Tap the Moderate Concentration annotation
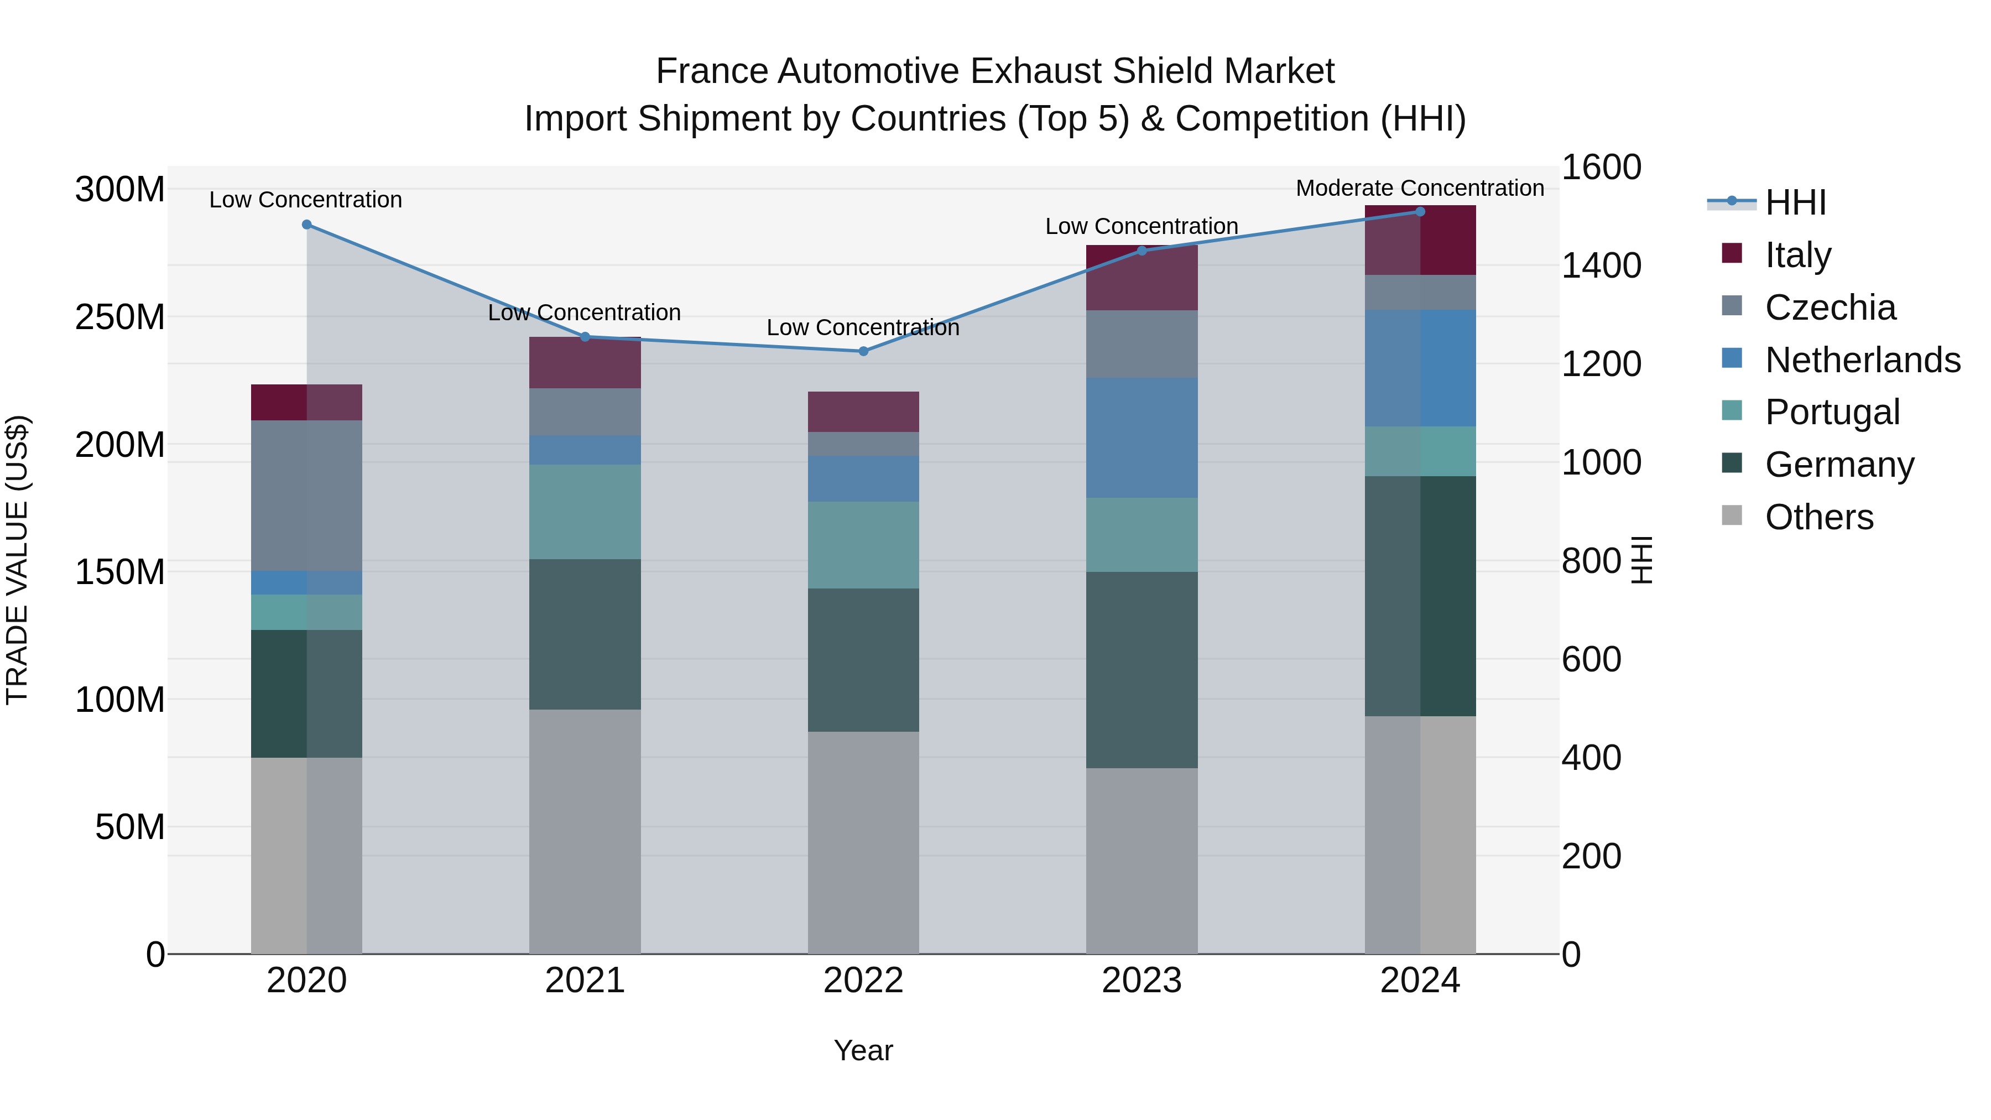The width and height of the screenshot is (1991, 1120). [x=1420, y=189]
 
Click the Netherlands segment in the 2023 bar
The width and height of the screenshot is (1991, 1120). [x=1142, y=437]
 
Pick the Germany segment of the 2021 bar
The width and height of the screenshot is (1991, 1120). [x=585, y=634]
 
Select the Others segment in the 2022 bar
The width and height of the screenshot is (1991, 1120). [x=863, y=842]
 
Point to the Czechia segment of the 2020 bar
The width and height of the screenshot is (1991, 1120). [x=307, y=496]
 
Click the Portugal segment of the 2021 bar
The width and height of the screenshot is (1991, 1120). [x=585, y=512]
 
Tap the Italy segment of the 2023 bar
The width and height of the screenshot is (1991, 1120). [x=1142, y=278]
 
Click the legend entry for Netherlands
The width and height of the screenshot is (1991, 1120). [x=1863, y=360]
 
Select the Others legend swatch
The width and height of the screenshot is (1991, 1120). [x=1732, y=515]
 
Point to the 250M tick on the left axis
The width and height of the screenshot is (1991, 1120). [x=120, y=317]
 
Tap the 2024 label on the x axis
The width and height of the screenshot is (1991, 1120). [x=1420, y=981]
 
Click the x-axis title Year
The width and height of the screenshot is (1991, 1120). [x=863, y=1050]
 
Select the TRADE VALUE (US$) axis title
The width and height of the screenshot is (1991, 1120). [x=17, y=560]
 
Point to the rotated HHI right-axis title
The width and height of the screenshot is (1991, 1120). [x=1641, y=560]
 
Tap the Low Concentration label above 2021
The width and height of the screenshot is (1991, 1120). [x=585, y=313]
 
